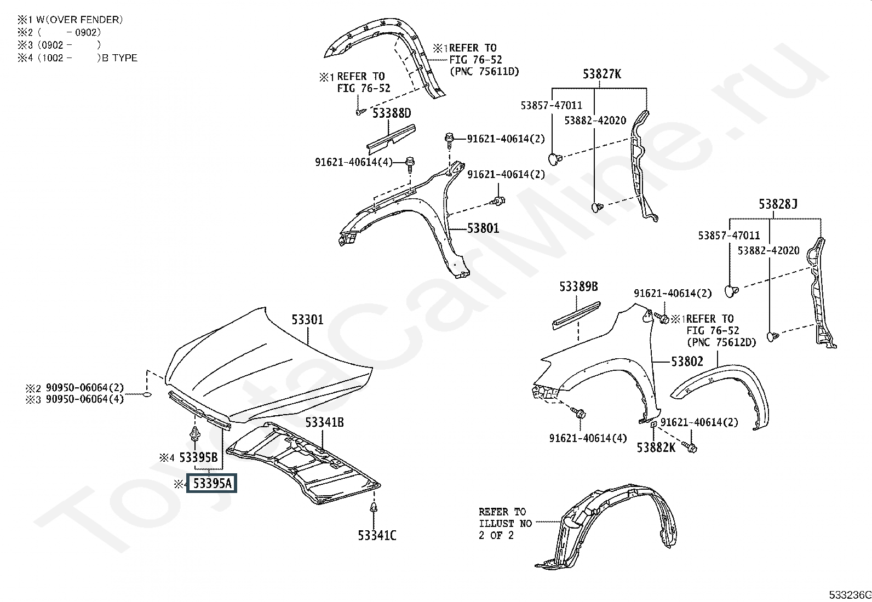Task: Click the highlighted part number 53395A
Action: tap(212, 484)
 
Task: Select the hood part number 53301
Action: tap(307, 319)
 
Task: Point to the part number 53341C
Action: tap(377, 535)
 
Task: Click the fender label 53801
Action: tap(483, 228)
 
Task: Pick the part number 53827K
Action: tap(601, 74)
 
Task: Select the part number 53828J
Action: tap(777, 204)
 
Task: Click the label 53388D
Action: tap(392, 113)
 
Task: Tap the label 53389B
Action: tap(578, 286)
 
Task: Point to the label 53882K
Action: tap(656, 448)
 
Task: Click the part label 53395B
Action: tap(198, 457)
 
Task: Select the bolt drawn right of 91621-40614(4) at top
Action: tap(410, 162)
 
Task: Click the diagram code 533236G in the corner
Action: tap(848, 595)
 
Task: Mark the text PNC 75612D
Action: tap(721, 342)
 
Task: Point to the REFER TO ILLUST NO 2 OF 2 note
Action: tap(504, 523)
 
